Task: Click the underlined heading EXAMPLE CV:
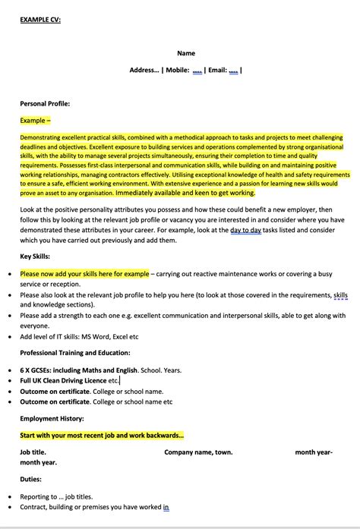[40, 20]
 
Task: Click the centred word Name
[186, 53]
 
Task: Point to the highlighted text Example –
[36, 120]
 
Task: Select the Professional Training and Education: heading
[74, 353]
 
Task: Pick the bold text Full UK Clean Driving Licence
[63, 380]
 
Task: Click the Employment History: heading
[52, 418]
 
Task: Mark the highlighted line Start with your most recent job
[101, 435]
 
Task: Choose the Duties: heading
[30, 479]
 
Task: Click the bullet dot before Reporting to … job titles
[9, 496]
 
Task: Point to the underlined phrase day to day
[247, 228]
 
